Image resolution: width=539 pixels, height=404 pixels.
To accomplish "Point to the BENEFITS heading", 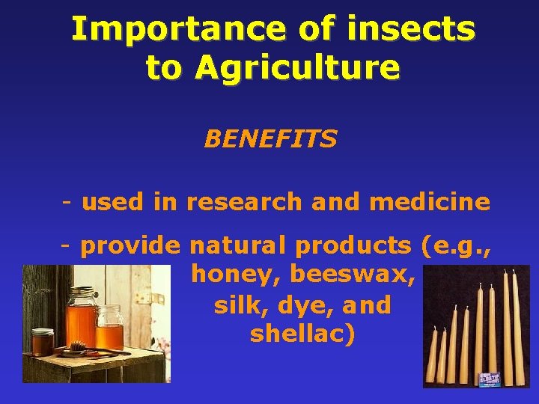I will [270, 139].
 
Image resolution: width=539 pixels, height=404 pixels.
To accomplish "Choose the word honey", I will [236, 275].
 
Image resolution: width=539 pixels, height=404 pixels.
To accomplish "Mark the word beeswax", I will [352, 275].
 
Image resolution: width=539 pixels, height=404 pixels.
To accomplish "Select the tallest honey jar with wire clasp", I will [82, 314].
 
